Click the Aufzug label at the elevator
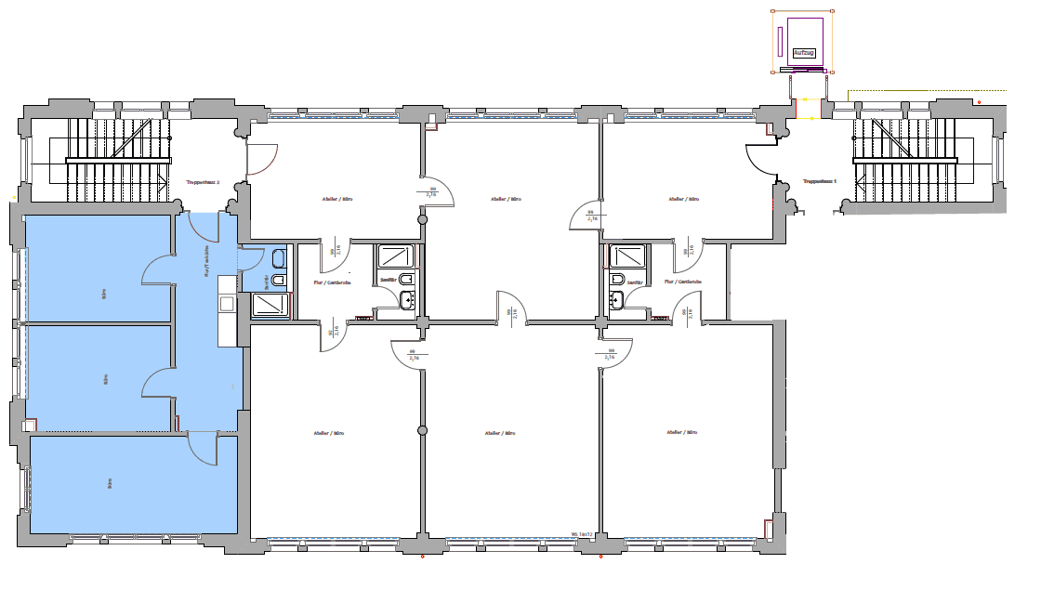803,53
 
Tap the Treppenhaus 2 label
203,183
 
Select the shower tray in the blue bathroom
271,306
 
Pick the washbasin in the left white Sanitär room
406,299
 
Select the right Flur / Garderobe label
683,282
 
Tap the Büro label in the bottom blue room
110,483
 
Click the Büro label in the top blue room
104,296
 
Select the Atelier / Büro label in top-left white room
336,199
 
